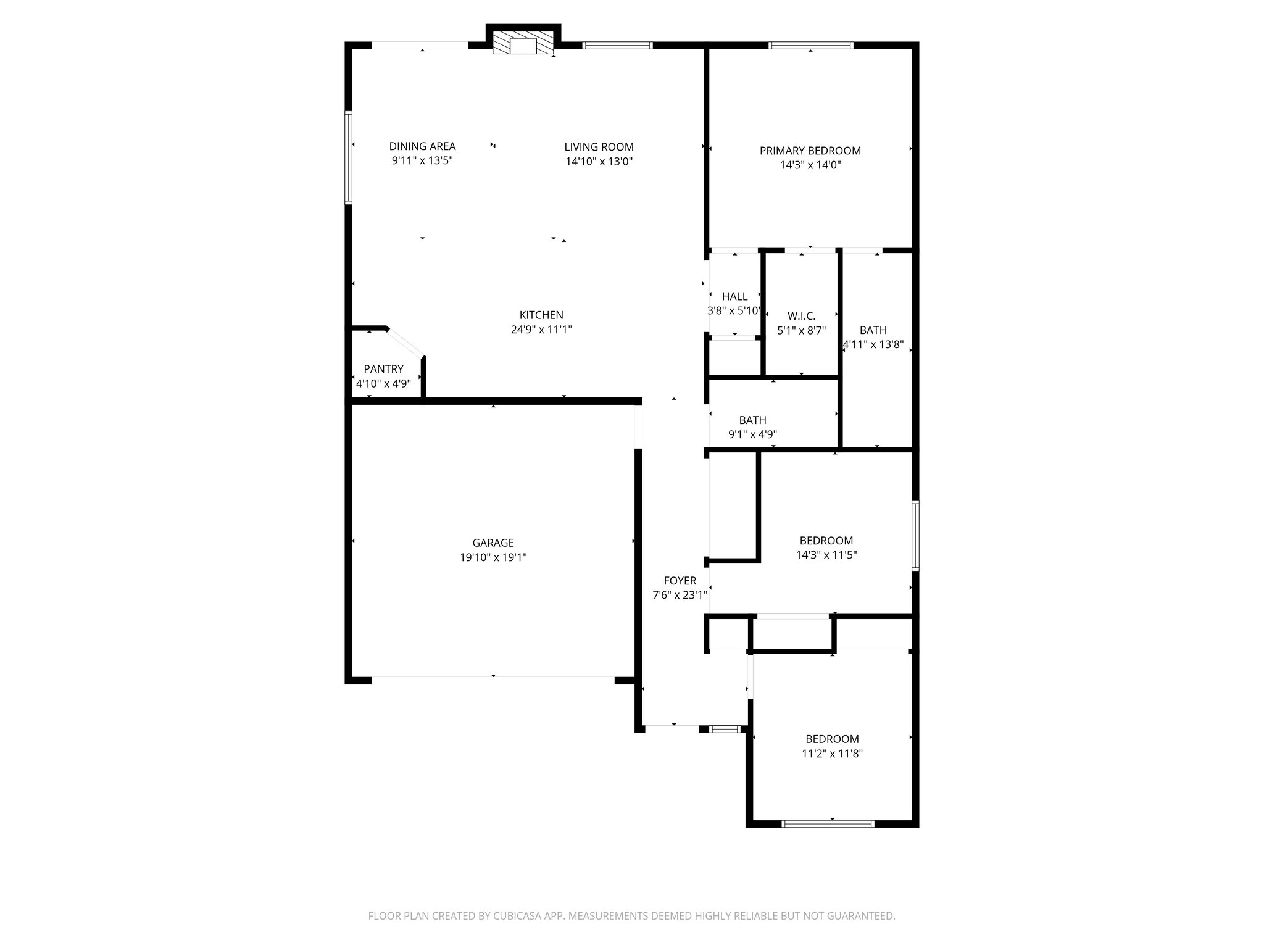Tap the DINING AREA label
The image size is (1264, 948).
click(422, 146)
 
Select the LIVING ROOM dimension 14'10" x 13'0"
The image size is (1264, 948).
click(599, 162)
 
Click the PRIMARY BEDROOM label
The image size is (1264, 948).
click(810, 151)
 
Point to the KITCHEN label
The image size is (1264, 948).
click(541, 315)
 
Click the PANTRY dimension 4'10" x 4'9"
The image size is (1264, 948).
click(383, 383)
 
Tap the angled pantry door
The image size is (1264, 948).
click(405, 343)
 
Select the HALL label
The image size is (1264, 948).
click(734, 296)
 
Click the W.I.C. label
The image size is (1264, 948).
click(801, 316)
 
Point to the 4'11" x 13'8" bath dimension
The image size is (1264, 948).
click(873, 345)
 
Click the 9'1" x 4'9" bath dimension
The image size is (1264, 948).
click(752, 434)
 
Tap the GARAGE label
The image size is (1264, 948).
click(493, 543)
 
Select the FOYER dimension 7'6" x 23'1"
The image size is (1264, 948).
click(680, 596)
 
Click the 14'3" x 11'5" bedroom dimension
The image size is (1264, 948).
click(826, 555)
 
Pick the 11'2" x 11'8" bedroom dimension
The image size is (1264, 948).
click(832, 754)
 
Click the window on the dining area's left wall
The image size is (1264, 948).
click(348, 157)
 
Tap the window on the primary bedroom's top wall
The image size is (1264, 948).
click(810, 45)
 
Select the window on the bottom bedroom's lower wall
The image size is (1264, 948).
click(828, 823)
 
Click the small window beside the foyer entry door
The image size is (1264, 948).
click(725, 729)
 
